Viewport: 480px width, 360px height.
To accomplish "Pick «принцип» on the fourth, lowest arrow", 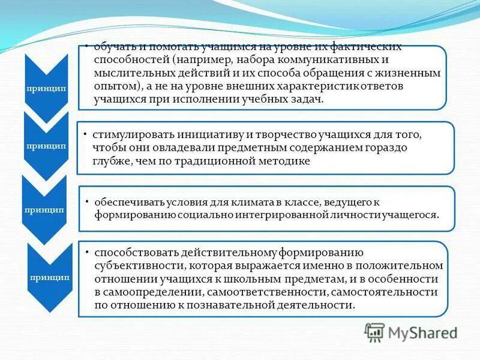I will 49,277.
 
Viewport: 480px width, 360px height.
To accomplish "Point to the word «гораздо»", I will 385,148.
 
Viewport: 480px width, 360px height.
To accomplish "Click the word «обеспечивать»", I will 124,202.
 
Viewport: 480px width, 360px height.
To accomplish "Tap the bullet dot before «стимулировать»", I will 86,133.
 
